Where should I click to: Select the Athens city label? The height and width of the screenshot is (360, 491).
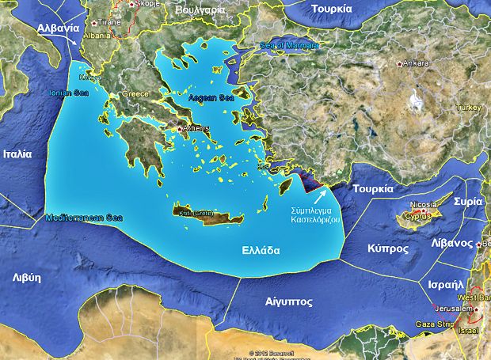pyautogui.click(x=196, y=128)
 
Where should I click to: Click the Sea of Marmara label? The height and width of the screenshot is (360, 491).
pyautogui.click(x=291, y=45)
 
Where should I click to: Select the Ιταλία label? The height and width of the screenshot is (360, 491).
pyautogui.click(x=17, y=153)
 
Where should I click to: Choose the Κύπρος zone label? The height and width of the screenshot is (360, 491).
pyautogui.click(x=388, y=248)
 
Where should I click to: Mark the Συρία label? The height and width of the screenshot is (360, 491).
pyautogui.click(x=469, y=202)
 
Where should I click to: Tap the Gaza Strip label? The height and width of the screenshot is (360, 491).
pyautogui.click(x=435, y=324)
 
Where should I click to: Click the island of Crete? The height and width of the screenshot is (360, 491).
pyautogui.click(x=201, y=214)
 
